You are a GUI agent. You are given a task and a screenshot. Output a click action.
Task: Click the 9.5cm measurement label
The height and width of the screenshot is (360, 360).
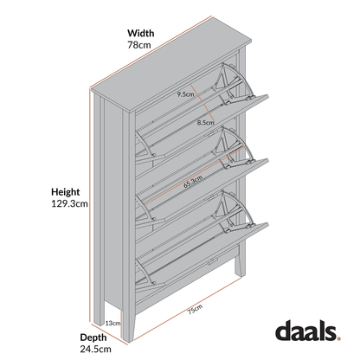pyautogui.click(x=183, y=93)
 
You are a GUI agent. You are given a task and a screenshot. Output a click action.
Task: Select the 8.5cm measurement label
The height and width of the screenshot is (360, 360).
pyautogui.click(x=204, y=122)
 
